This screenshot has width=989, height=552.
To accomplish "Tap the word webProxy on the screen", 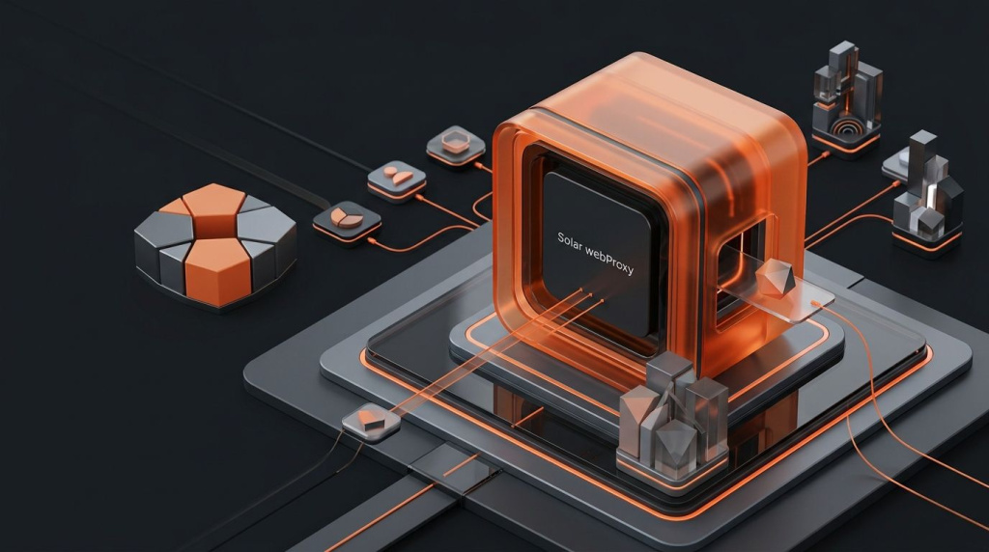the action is pos(610,261).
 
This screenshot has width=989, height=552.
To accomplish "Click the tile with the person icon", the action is pos(397,179).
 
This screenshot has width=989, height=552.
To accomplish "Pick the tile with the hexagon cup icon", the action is pos(456,145).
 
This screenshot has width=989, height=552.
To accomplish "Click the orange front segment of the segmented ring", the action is pos(218,272).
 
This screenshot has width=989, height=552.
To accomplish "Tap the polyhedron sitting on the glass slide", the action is pos(774,279).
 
